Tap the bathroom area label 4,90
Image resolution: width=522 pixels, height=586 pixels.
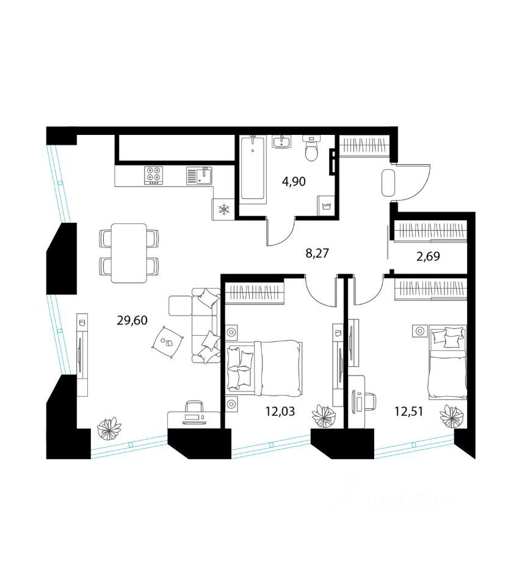point(293,181)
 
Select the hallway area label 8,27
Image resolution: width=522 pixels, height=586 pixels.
point(317,253)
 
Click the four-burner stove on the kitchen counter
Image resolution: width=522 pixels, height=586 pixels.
point(153,176)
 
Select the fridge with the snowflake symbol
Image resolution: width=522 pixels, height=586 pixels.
point(223,210)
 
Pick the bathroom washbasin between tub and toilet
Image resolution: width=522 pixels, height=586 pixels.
point(283,142)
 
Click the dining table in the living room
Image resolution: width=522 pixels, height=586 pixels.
point(129,253)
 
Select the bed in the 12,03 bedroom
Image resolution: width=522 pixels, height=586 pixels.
point(264,365)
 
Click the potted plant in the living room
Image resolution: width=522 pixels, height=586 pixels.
point(109,429)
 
